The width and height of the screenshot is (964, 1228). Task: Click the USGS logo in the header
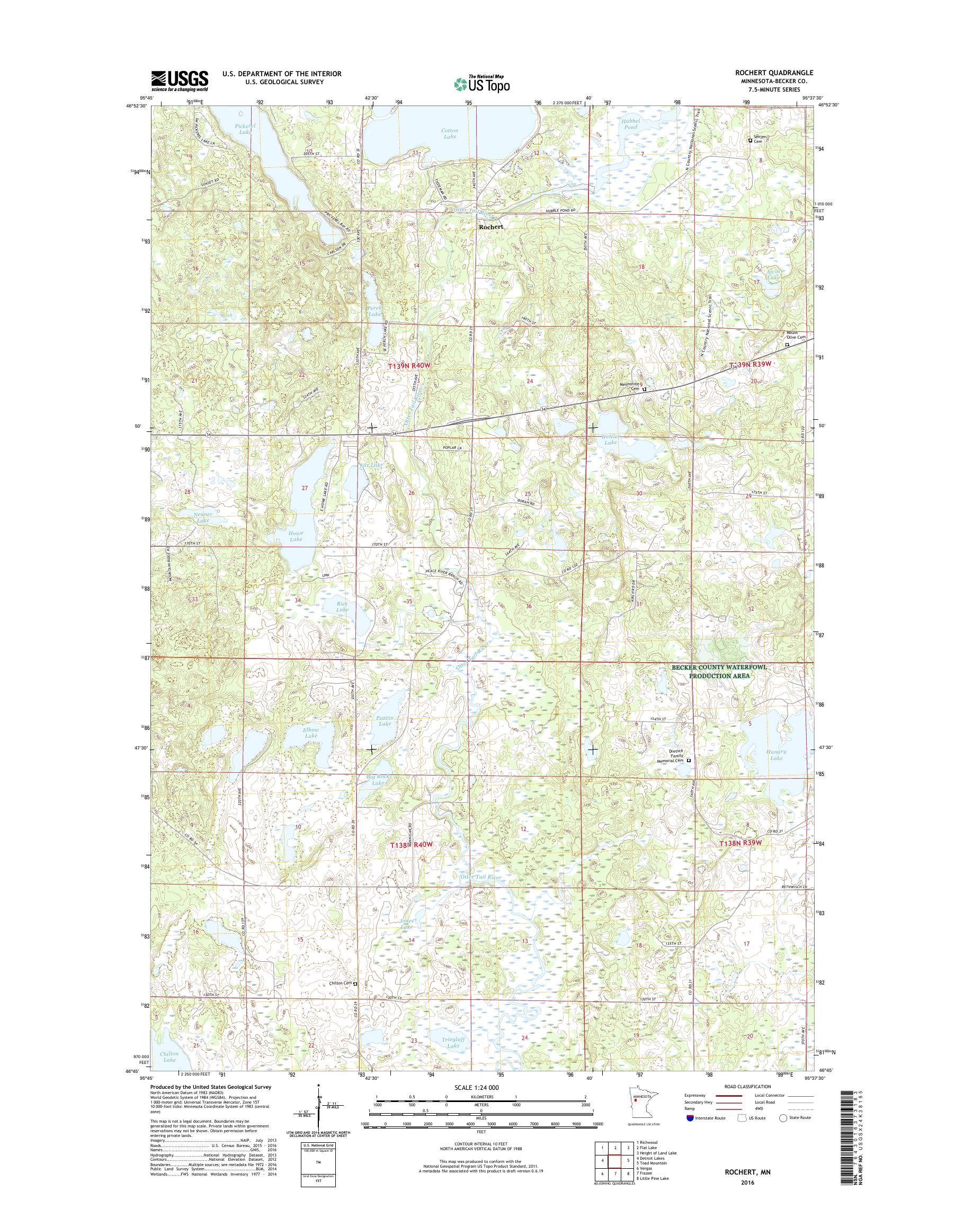[x=180, y=81]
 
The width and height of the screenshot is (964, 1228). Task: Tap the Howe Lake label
[x=296, y=536]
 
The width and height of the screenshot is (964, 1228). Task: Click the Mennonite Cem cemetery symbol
[x=644, y=389]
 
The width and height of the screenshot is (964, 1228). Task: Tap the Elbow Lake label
[x=311, y=733]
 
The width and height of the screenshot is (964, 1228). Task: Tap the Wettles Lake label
[x=610, y=439]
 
